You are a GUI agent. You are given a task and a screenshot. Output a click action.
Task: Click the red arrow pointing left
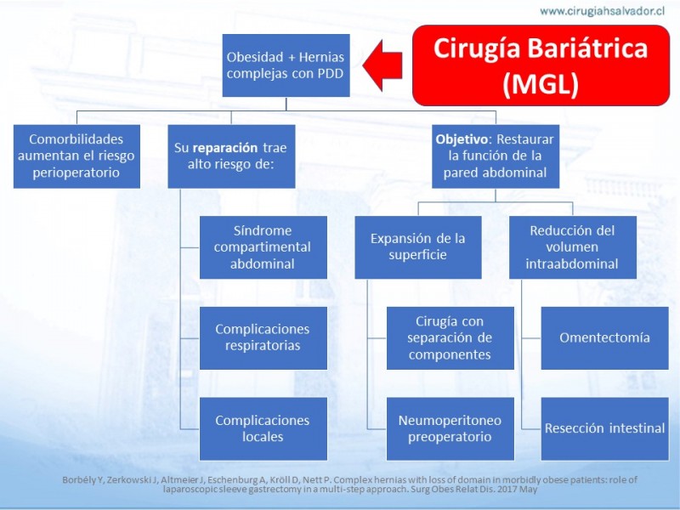tap(382, 65)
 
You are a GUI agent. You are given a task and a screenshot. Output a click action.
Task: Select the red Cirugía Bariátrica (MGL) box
tap(541, 65)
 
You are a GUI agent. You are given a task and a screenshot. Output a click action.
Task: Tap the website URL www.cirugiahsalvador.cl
tap(602, 11)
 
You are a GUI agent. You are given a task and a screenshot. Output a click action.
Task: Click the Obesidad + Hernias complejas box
tap(286, 65)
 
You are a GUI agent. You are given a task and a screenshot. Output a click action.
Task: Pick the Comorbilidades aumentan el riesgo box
tap(76, 156)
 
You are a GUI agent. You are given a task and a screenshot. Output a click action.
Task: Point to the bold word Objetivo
tap(462, 139)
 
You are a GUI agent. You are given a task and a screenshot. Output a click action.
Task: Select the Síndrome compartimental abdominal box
tap(263, 247)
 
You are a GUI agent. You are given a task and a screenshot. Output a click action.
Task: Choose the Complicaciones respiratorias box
tap(263, 338)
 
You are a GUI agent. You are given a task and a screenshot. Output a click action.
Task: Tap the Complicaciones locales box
tap(263, 429)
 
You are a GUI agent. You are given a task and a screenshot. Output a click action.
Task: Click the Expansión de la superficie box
tap(418, 247)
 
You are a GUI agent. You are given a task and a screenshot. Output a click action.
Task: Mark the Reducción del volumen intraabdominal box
tap(572, 247)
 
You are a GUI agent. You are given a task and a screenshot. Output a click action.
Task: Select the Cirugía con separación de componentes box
tap(450, 338)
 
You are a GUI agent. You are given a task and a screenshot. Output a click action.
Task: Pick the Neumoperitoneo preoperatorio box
tap(450, 429)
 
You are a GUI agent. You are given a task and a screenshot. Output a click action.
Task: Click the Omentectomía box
tap(604, 338)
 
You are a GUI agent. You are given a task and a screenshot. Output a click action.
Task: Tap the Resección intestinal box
tap(604, 429)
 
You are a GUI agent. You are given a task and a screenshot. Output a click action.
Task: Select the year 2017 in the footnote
tap(507, 490)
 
